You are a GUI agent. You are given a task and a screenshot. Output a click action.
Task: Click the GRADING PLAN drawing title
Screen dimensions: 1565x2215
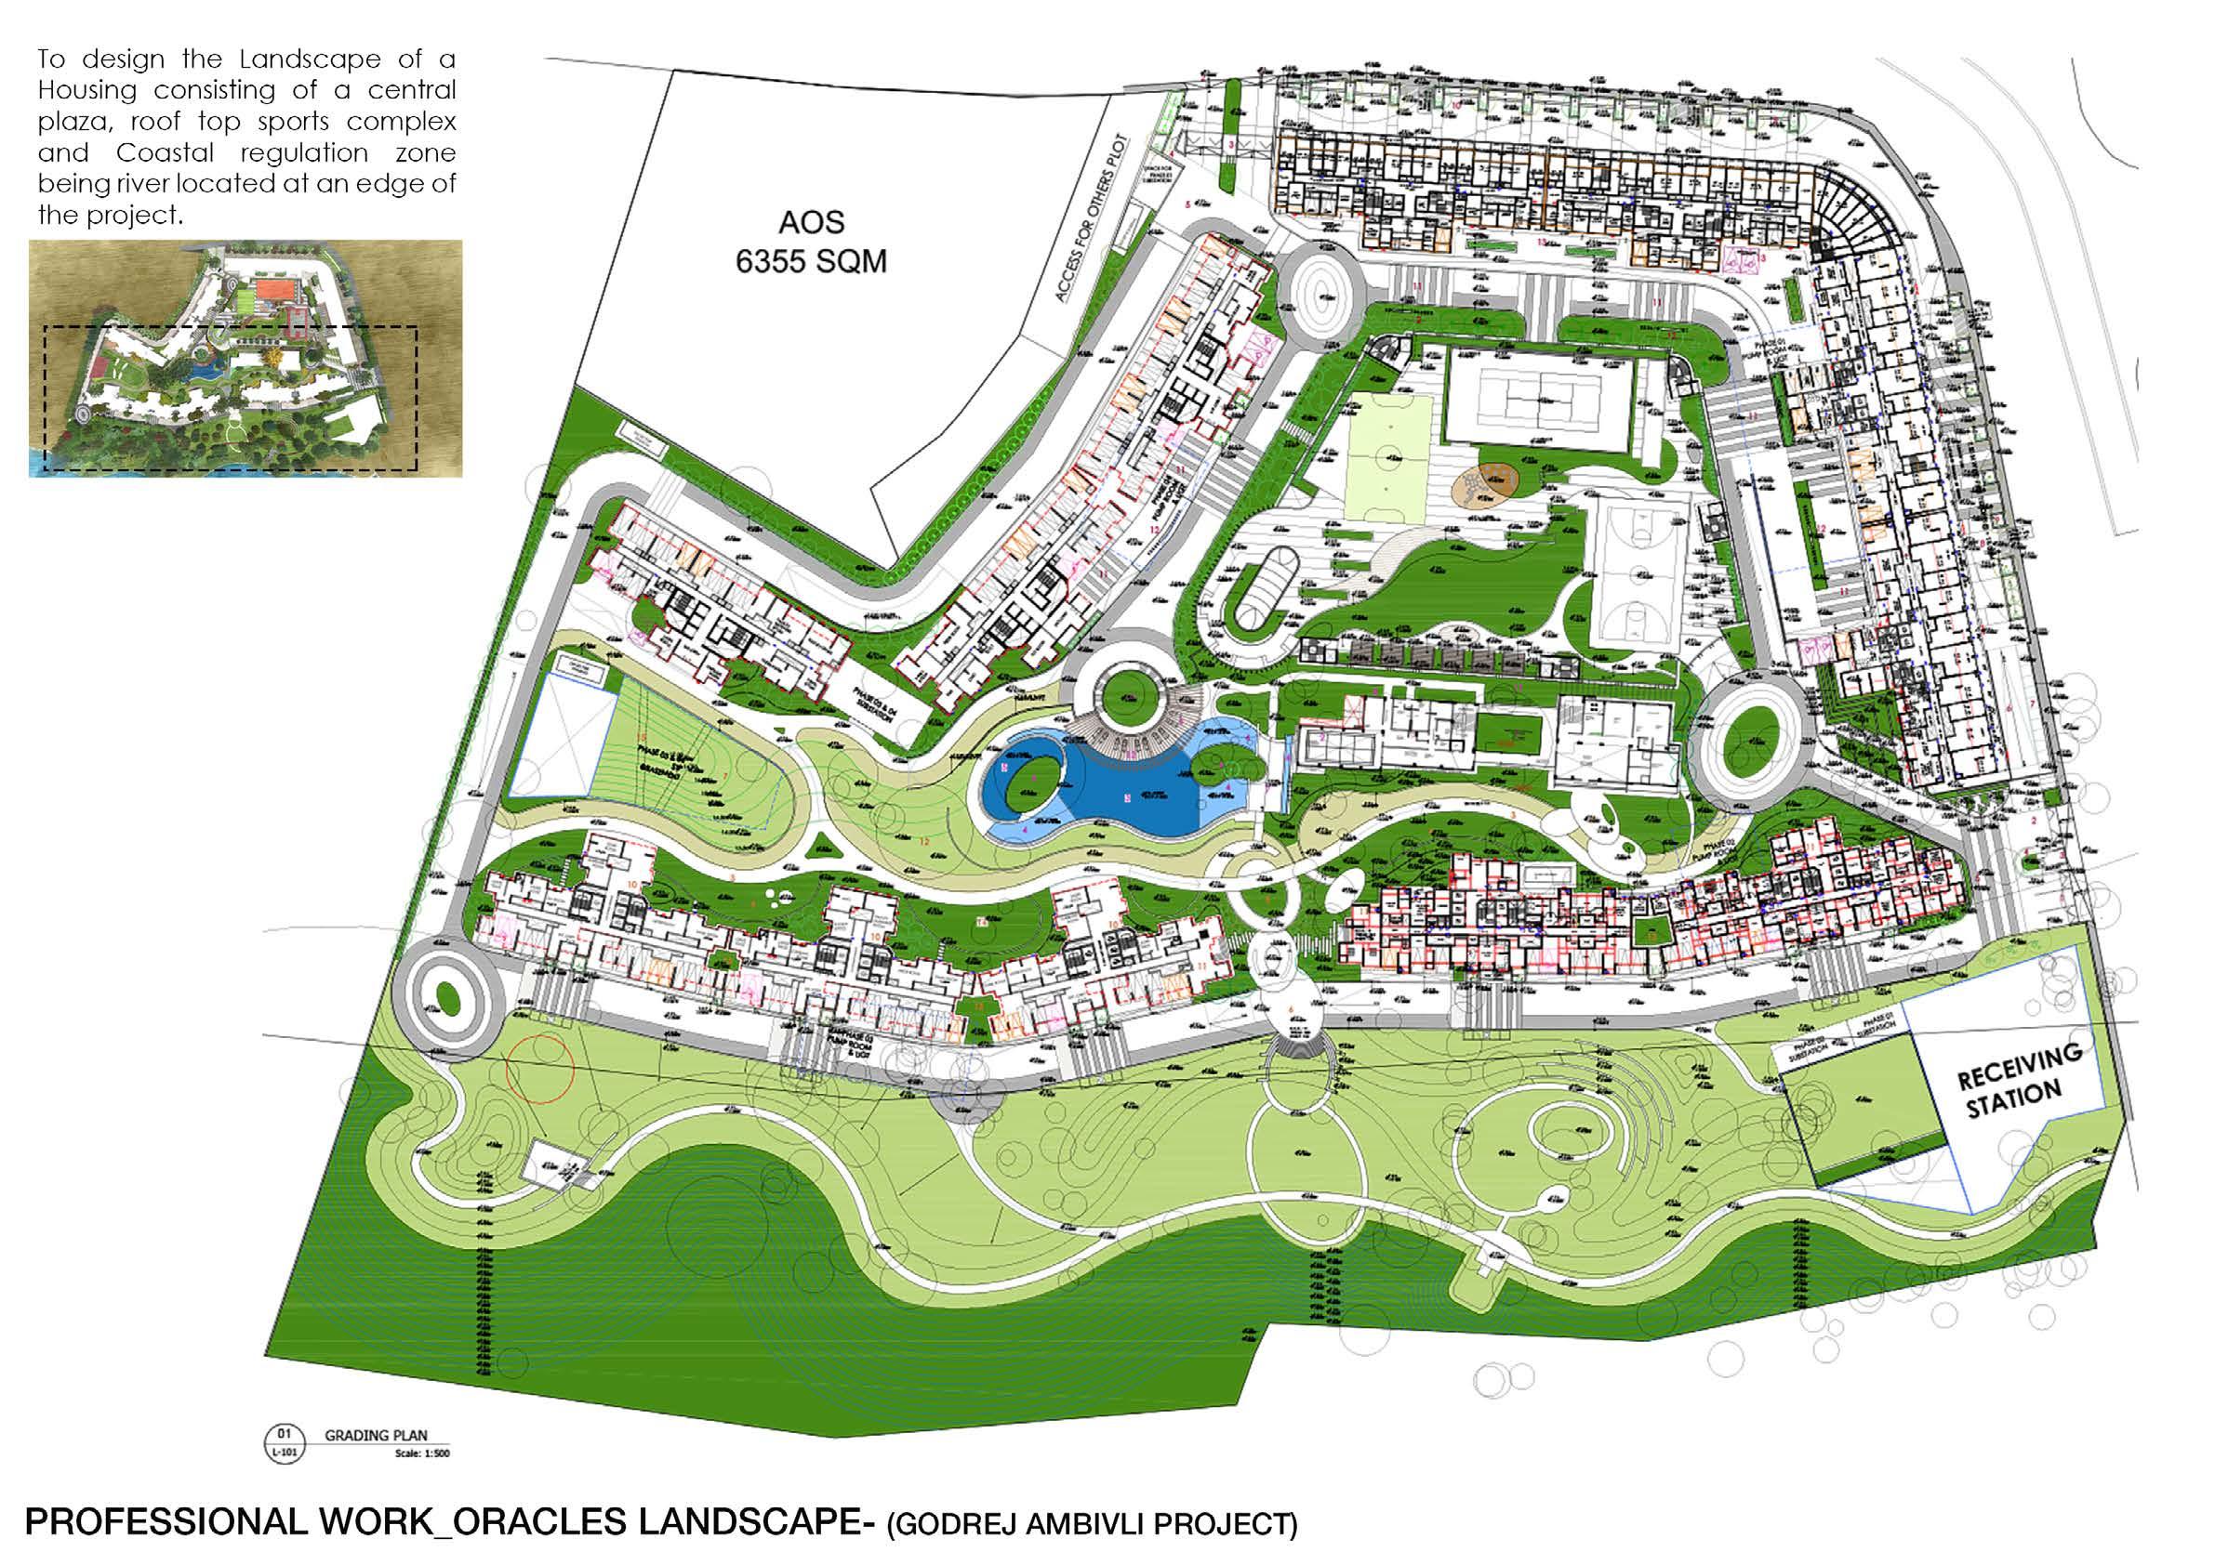pyautogui.click(x=376, y=1463)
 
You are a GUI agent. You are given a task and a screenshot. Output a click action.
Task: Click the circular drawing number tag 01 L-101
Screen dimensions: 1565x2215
pyautogui.click(x=284, y=1469)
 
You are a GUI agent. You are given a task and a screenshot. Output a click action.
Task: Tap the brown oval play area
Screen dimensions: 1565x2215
pyautogui.click(x=1485, y=481)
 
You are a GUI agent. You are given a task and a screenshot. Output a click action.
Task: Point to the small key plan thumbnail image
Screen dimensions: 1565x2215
pyautogui.click(x=245, y=358)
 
